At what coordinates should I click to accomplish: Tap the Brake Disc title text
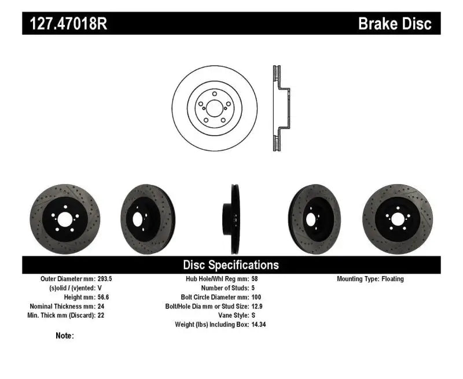395,24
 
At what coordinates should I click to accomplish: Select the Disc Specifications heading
231,265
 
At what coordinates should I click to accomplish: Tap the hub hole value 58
255,279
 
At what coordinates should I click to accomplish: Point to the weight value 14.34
259,325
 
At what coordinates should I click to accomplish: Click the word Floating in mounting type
392,279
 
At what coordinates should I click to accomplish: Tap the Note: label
65,336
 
